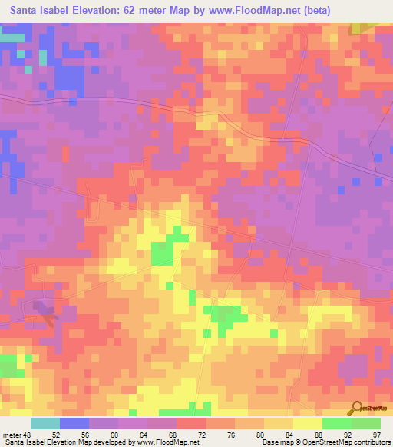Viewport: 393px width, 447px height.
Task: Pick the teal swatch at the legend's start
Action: click(x=45, y=423)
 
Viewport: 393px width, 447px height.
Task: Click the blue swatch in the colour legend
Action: click(x=74, y=423)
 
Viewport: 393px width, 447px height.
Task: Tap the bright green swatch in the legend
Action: click(x=336, y=423)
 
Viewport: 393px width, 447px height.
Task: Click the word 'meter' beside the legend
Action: click(x=13, y=435)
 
